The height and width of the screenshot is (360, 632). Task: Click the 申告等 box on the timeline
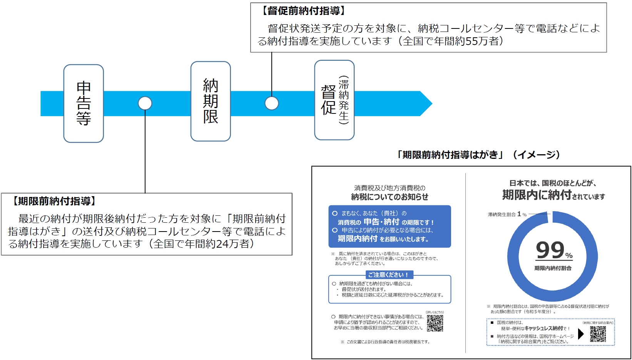84,103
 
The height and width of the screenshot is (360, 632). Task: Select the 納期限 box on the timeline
211,102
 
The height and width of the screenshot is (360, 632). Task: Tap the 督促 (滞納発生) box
334,100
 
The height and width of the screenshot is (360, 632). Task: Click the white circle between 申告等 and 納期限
145,103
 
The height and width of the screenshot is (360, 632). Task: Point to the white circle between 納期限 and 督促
272,103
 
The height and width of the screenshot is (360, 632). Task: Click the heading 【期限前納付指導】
54,201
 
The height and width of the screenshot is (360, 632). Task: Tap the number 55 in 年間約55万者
471,41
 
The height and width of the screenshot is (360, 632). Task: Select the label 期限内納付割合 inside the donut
553,268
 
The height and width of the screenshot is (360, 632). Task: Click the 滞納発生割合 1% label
507,214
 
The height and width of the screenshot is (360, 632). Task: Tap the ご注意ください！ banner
389,275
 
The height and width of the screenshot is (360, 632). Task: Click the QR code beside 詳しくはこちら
435,323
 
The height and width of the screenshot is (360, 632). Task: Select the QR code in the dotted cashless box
598,334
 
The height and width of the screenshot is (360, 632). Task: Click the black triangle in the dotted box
581,334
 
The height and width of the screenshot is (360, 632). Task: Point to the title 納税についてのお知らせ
390,197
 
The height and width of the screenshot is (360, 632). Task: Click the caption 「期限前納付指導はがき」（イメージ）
479,155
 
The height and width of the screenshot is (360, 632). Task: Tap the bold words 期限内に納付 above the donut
537,195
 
